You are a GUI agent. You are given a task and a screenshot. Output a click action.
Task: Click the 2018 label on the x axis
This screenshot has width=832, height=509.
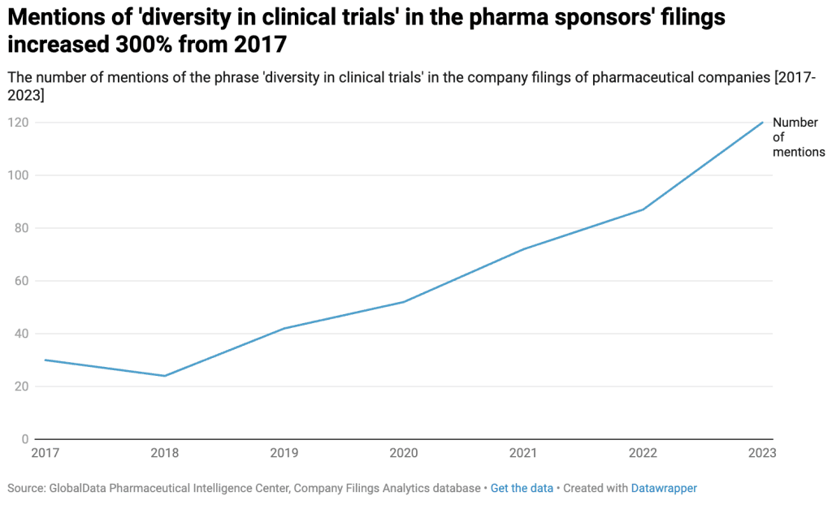pyautogui.click(x=165, y=453)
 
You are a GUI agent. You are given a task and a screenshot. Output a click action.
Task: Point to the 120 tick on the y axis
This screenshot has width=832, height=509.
pyautogui.click(x=17, y=123)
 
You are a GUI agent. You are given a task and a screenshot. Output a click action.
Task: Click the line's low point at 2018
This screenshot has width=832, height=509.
pyautogui.click(x=165, y=376)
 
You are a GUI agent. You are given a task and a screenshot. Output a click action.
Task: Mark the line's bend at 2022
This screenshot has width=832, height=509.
pyautogui.click(x=643, y=209)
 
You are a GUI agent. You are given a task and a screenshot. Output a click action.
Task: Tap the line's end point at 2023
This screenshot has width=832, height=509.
pyautogui.click(x=763, y=123)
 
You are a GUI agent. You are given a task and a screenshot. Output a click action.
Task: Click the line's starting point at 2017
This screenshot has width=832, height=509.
pyautogui.click(x=45, y=360)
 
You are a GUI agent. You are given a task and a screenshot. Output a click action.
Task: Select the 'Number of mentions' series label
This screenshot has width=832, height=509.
pyautogui.click(x=797, y=137)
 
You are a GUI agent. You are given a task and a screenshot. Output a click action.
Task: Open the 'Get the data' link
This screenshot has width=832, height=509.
pyautogui.click(x=522, y=488)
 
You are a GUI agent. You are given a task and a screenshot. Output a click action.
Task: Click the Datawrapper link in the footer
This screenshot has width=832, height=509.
pyautogui.click(x=664, y=488)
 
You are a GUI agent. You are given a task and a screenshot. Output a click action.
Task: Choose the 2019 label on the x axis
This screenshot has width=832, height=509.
pyautogui.click(x=284, y=453)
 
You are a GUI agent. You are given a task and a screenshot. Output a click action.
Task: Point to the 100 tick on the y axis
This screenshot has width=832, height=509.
pyautogui.click(x=17, y=175)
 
